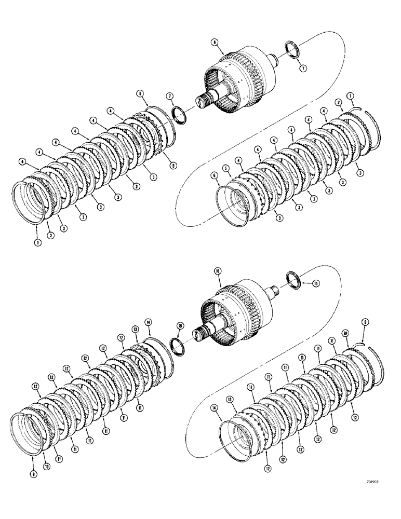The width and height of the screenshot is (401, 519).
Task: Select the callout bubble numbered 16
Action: point(217,271)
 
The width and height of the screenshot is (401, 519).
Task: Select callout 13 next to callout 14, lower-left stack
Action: point(136,329)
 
